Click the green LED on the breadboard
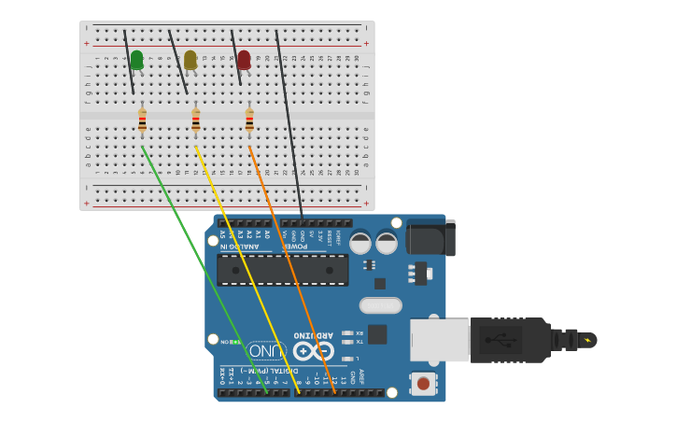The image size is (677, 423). point(136,61)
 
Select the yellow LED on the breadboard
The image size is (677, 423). point(190,61)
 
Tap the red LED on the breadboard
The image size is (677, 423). point(244,61)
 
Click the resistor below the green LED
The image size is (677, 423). point(142,120)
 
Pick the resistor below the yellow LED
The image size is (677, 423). point(195,120)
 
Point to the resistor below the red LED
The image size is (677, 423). point(249,120)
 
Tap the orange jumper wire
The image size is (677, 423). point(293,271)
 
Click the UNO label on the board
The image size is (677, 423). point(267,351)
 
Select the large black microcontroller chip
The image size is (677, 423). point(282,270)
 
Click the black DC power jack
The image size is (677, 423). point(430,238)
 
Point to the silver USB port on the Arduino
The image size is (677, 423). point(440,340)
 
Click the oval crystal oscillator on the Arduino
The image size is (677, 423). point(380,305)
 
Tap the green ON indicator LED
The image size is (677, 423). point(234,342)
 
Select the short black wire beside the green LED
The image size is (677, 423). point(129,63)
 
